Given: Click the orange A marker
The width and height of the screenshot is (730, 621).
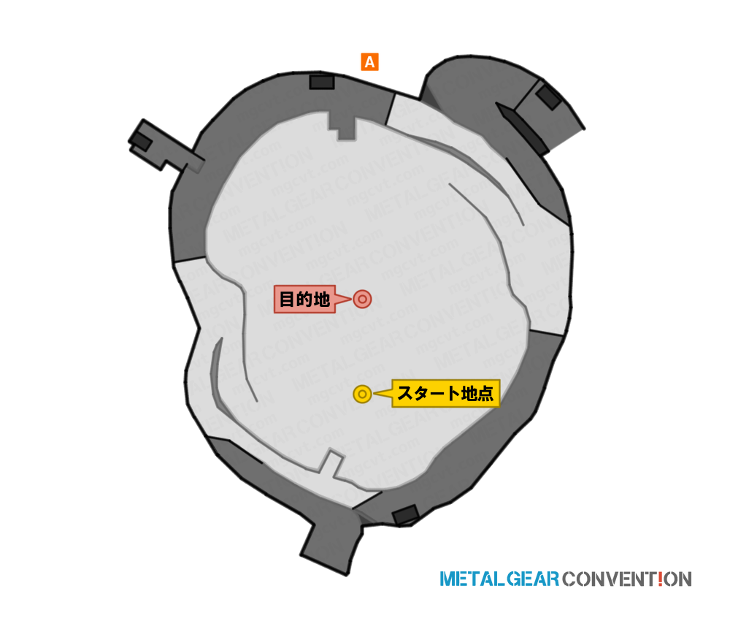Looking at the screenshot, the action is tap(369, 62).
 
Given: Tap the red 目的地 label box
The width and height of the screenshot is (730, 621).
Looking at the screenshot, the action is tap(304, 299).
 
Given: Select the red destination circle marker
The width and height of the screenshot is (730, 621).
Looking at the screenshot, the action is tap(362, 299).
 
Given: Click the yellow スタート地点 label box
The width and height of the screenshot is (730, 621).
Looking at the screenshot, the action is tap(445, 394).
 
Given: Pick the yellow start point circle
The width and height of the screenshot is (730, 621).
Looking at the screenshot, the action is tap(362, 394).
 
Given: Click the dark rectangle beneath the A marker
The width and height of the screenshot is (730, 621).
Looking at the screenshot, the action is tap(322, 82).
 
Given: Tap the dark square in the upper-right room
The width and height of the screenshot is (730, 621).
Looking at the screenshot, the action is tap(549, 98).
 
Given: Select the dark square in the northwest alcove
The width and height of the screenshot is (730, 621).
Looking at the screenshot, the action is tap(141, 142).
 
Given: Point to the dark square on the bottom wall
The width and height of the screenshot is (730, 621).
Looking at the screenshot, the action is tap(405, 515).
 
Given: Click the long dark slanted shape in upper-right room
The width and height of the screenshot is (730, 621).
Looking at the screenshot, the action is tap(523, 129).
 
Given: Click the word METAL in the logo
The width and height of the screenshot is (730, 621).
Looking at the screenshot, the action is tap(472, 579).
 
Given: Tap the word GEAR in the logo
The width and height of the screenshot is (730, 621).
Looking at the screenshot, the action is tap(533, 579).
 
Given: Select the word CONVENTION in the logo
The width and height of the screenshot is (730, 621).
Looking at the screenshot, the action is tap(626, 579).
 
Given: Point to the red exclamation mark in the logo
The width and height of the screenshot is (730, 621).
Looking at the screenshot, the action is tap(661, 579).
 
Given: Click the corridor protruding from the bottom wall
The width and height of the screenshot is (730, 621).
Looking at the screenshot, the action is tap(332, 541).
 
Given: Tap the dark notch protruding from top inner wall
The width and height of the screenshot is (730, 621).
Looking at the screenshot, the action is tap(342, 126).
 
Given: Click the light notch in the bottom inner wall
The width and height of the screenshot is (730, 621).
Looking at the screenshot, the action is tap(331, 463).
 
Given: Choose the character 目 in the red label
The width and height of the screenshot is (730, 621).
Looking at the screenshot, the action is tap(286, 299).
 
